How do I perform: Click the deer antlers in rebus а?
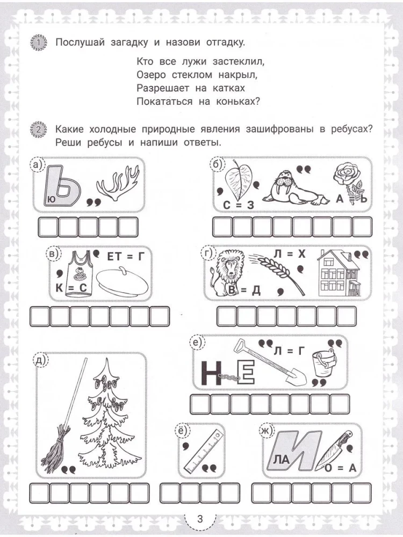click(117, 185)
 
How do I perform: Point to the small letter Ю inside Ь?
click(51, 199)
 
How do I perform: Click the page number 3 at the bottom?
click(200, 519)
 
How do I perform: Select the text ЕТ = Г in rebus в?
click(127, 256)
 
